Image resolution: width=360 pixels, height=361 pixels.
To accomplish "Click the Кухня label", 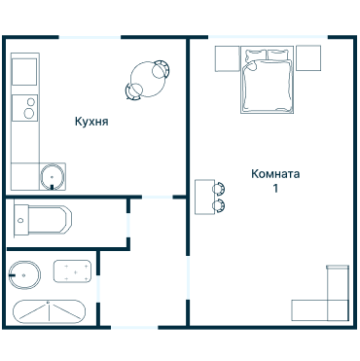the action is coord(91,122).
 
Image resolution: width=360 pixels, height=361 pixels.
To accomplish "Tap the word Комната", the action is coord(275,174).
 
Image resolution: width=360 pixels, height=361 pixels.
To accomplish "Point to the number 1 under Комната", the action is coord(275,189).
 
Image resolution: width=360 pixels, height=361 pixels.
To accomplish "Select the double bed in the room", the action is coord(267,80).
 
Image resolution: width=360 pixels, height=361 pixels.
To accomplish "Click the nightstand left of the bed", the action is coord(228,58).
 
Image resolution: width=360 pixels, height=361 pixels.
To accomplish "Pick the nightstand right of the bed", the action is coord(308,57).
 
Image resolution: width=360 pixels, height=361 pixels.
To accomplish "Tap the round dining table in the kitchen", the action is coord(148,79).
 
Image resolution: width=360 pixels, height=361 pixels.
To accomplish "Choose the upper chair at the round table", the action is coord(161,69).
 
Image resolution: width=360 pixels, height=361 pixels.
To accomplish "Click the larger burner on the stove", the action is coord(29,113).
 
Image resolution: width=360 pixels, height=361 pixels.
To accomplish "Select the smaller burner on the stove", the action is coord(31,102).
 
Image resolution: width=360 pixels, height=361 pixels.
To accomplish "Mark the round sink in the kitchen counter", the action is coord(52,177).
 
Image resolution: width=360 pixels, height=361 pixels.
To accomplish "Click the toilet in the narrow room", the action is coord(43,219).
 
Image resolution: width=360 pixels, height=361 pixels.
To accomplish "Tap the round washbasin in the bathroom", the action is coord(24,274).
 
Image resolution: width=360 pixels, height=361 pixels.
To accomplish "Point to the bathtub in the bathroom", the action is coord(49,311).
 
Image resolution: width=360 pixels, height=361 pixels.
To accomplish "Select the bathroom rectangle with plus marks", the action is coord(72,271).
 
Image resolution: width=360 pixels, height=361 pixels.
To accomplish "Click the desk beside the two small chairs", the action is coord(204,197).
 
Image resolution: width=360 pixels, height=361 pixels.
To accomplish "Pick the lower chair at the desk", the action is coord(219,205).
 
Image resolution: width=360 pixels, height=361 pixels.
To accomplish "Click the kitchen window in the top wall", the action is coord(90,37).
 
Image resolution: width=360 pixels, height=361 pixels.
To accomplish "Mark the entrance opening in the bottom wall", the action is coord(134,328).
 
